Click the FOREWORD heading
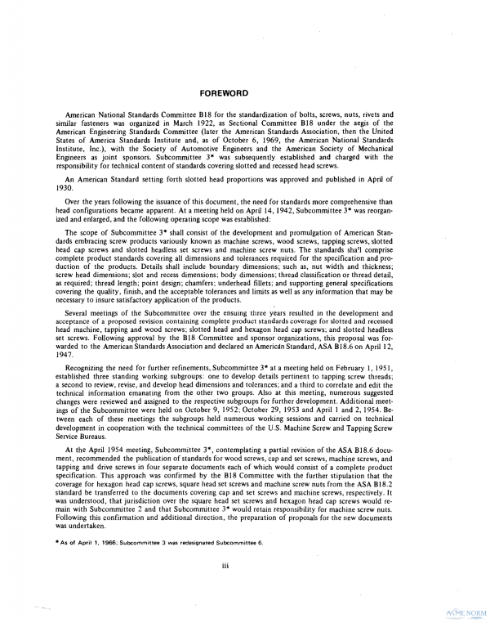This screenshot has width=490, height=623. pyautogui.click(x=244, y=93)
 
